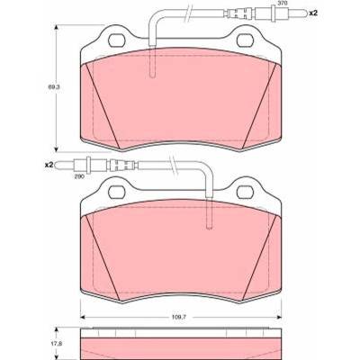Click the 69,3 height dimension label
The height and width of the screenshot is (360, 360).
click(54, 87)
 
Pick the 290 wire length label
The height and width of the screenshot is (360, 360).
click(79, 176)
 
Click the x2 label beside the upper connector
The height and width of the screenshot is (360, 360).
click(313, 13)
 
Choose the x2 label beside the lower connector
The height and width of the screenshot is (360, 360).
click(49, 165)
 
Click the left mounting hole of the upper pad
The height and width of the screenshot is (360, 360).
click(117, 40)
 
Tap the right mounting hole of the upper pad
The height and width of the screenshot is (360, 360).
click(246, 40)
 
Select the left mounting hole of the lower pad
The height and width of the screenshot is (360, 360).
click(117, 192)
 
